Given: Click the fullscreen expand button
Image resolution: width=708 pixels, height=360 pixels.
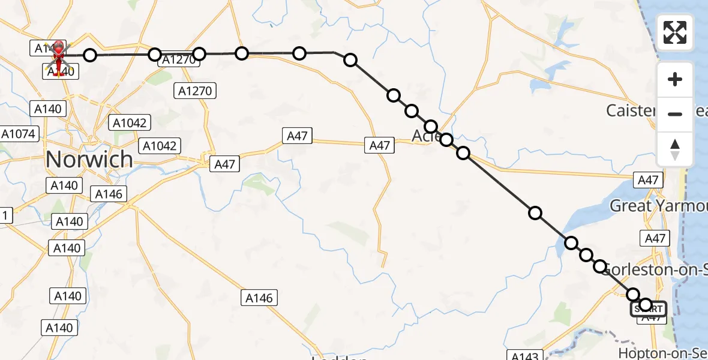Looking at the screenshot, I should [x=675, y=32].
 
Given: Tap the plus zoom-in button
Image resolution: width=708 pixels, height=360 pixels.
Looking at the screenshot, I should [x=675, y=80].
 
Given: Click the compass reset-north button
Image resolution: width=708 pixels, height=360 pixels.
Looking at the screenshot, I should [x=675, y=148].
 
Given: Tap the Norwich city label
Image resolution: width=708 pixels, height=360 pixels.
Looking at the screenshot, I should [x=89, y=160].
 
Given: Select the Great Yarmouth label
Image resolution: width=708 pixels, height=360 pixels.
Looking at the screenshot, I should [x=658, y=206].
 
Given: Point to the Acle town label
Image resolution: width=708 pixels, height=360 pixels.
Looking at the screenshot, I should [x=422, y=137].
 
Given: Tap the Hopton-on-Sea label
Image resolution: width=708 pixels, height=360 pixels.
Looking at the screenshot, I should [x=662, y=353].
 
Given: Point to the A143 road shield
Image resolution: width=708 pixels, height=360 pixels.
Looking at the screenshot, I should [x=524, y=355].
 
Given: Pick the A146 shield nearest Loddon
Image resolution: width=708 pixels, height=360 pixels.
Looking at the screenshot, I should [x=259, y=298].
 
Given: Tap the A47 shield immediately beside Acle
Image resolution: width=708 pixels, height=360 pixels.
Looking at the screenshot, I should [x=379, y=145].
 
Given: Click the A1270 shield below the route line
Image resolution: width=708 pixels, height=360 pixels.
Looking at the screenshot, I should [x=195, y=91].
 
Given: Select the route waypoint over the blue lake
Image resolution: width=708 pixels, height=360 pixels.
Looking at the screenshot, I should [x=571, y=243].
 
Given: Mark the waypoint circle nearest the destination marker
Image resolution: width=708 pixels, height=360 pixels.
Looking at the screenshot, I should [x=89, y=55].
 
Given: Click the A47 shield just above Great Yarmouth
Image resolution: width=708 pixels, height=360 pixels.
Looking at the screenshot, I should [x=648, y=179].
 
